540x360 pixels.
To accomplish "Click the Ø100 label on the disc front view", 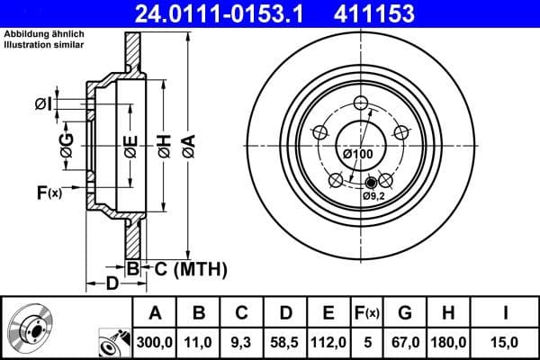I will [358, 154].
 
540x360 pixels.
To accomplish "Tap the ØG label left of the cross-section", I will [67, 141].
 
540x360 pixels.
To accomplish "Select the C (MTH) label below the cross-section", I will [184, 268].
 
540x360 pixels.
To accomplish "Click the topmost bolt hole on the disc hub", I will [363, 103].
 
